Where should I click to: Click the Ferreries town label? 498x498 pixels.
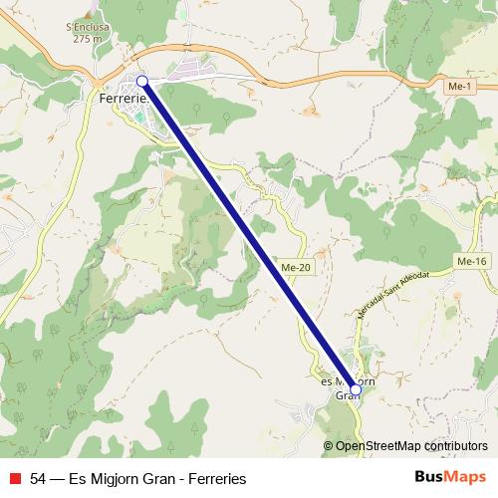click(x=124, y=100)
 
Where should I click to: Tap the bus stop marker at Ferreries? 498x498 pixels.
click(x=141, y=81)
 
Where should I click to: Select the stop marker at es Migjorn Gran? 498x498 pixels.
click(x=356, y=389)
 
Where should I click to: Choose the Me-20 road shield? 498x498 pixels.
click(x=295, y=268)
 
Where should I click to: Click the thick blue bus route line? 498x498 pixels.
click(x=249, y=235)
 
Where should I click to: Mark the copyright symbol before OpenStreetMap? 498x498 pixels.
click(x=330, y=446)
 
